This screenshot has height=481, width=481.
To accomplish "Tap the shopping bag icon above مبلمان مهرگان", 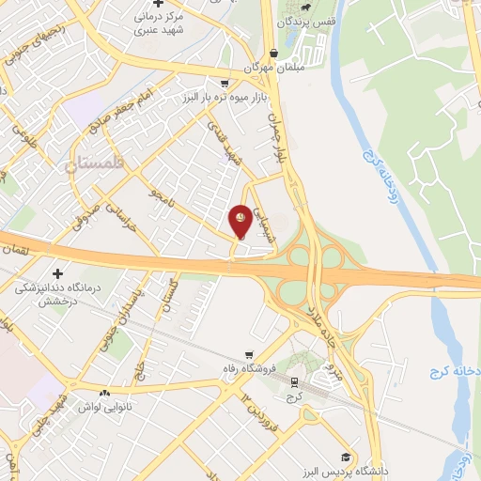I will coord(272,54).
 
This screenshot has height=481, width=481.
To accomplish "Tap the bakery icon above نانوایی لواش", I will coord(104,393).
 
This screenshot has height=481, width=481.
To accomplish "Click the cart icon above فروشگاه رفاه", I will coord(248,355).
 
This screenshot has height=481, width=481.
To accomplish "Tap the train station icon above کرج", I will coord(294,382).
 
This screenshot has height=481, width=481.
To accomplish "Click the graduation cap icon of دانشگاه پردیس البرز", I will coord(346,457).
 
